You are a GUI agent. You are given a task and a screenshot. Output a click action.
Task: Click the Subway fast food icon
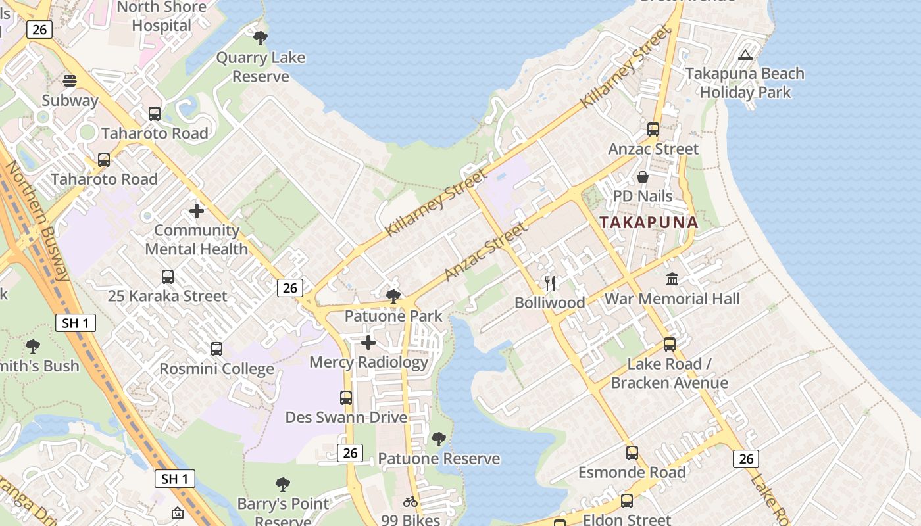pyautogui.click(x=70, y=81)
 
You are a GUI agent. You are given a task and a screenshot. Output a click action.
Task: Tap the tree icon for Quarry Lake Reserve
pyautogui.click(x=261, y=37)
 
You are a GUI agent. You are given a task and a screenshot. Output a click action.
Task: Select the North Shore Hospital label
pyautogui.click(x=161, y=16)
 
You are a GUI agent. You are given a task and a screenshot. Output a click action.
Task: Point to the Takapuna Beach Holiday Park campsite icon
pyautogui.click(x=745, y=55)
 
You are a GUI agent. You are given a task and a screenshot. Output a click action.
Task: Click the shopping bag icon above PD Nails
pyautogui.click(x=643, y=177)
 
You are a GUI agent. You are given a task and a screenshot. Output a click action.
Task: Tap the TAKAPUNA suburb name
pyautogui.click(x=648, y=222)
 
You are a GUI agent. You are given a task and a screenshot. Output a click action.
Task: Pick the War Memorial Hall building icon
pyautogui.click(x=672, y=279)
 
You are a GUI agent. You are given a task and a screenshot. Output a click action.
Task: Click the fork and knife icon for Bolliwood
pyautogui.click(x=550, y=283)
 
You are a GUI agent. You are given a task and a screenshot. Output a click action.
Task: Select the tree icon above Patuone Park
pyautogui.click(x=393, y=297)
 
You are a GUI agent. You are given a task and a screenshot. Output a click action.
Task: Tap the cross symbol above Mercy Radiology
pyautogui.click(x=368, y=343)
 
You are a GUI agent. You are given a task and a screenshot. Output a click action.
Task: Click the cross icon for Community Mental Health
pyautogui.click(x=197, y=211)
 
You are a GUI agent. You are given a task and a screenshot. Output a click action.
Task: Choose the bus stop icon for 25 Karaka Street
pyautogui.click(x=168, y=277)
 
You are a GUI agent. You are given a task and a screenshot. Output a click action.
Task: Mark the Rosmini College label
pyautogui.click(x=216, y=369)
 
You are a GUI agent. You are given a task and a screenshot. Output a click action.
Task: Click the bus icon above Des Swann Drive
pyautogui.click(x=346, y=398)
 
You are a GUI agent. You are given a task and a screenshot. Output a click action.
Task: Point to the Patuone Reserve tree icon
pyautogui.click(x=439, y=439)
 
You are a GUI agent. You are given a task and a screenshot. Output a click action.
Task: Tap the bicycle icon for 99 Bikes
pyautogui.click(x=411, y=502)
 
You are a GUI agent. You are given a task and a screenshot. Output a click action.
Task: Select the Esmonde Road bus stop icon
pyautogui.click(x=632, y=453)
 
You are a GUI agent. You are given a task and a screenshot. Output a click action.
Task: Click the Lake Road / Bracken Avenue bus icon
pyautogui.click(x=670, y=345)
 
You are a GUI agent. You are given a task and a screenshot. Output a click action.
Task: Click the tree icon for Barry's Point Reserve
pyautogui.click(x=283, y=485)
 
